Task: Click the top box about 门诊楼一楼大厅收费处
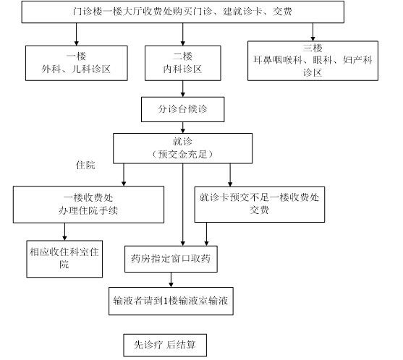pyautogui.click(x=183, y=12)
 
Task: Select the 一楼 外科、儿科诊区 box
pyautogui.click(x=77, y=63)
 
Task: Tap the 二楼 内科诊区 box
pyautogui.click(x=183, y=63)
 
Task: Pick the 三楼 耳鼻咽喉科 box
pyautogui.click(x=313, y=61)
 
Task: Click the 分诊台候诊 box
pyautogui.click(x=183, y=109)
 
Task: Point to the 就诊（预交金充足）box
pyautogui.click(x=183, y=148)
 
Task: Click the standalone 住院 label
pyautogui.click(x=85, y=165)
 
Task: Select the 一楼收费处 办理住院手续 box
pyautogui.click(x=88, y=205)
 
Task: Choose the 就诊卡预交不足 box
pyautogui.click(x=260, y=205)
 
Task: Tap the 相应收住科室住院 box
pyautogui.click(x=64, y=259)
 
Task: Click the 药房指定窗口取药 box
pyautogui.click(x=171, y=259)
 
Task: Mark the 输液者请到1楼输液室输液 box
pyautogui.click(x=171, y=301)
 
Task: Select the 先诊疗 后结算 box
pyautogui.click(x=165, y=345)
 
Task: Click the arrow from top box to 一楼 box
pyautogui.click(x=77, y=35)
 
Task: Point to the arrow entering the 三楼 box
pyautogui.click(x=313, y=32)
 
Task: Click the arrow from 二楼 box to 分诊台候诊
pyautogui.click(x=183, y=89)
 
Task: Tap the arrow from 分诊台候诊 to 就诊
pyautogui.click(x=183, y=128)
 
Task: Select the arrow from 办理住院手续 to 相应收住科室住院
pyautogui.click(x=65, y=231)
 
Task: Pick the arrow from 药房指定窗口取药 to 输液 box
pyautogui.click(x=171, y=280)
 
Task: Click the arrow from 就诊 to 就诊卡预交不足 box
pyautogui.click(x=230, y=175)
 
